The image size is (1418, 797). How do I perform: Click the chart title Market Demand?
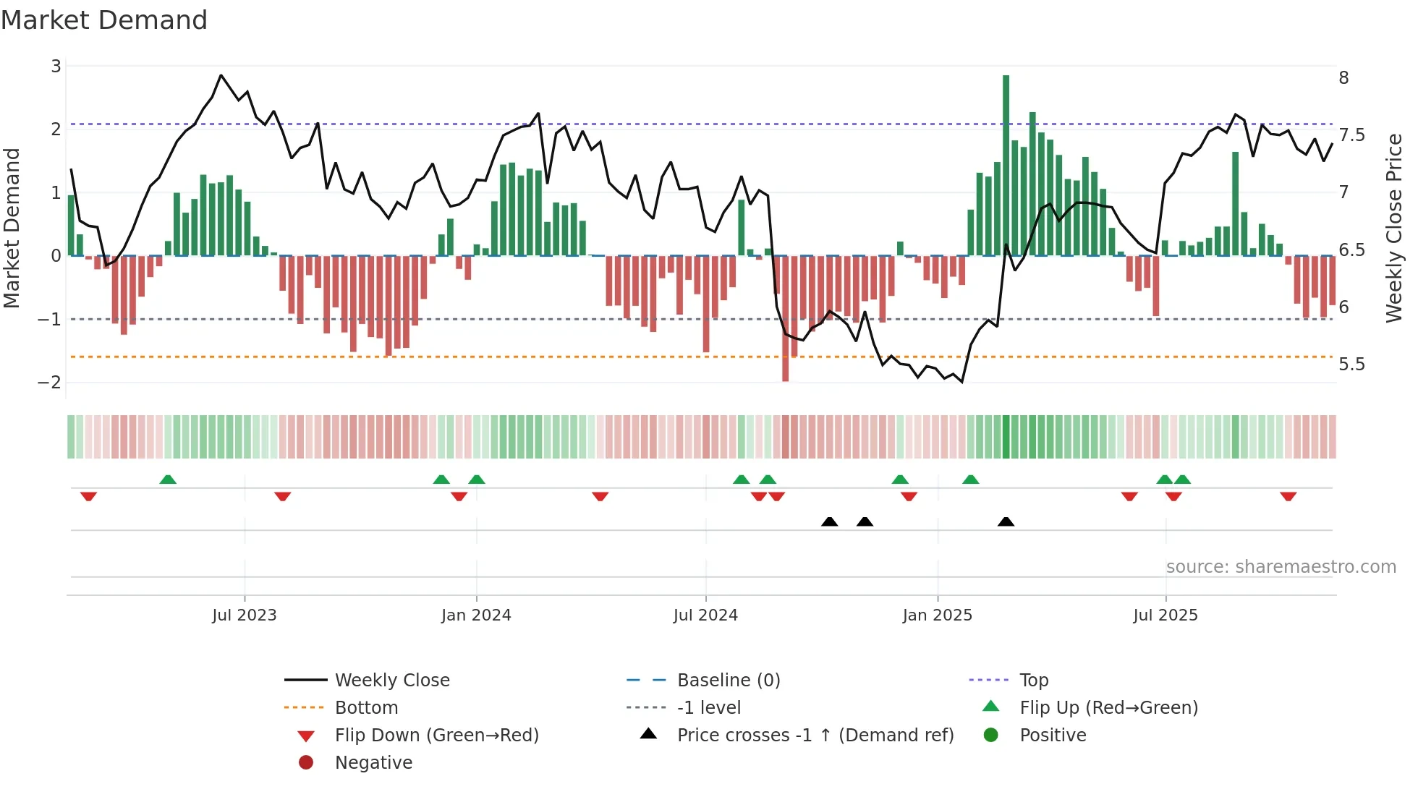(x=104, y=20)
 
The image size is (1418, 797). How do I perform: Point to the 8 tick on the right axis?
(x=1343, y=78)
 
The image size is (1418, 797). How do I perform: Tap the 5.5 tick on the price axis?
(x=1351, y=364)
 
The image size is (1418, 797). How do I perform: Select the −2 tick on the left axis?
(x=49, y=382)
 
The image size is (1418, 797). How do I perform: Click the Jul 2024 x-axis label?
(x=705, y=615)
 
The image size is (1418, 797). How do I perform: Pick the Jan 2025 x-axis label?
(x=937, y=615)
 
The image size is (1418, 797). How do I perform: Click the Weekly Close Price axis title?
(x=1393, y=227)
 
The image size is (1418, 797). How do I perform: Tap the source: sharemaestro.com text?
(x=1281, y=566)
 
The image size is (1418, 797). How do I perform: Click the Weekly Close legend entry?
(x=391, y=680)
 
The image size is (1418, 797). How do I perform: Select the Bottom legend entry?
(x=366, y=707)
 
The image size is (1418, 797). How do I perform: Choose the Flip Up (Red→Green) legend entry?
(x=1108, y=707)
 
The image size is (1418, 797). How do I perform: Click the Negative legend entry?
(x=373, y=762)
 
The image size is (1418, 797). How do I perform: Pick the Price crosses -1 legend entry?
(x=815, y=735)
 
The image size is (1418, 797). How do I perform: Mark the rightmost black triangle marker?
(x=1006, y=521)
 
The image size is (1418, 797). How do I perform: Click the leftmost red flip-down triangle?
(x=88, y=496)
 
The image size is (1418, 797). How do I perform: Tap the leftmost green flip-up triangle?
(x=168, y=480)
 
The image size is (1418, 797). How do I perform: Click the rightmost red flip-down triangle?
(x=1288, y=496)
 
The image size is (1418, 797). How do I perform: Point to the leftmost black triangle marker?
(x=830, y=521)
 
